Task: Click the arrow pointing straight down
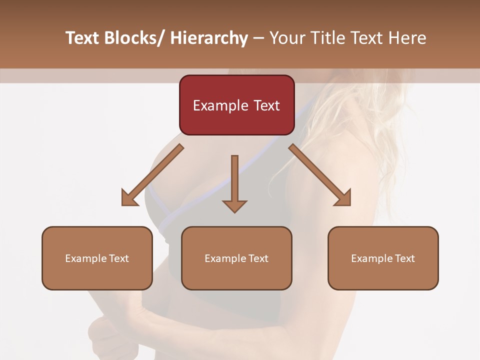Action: click(x=234, y=182)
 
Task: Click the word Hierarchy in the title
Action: click(x=209, y=38)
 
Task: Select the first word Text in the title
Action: click(x=82, y=38)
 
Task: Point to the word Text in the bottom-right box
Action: click(x=404, y=258)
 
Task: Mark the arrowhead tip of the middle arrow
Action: click(x=234, y=212)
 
